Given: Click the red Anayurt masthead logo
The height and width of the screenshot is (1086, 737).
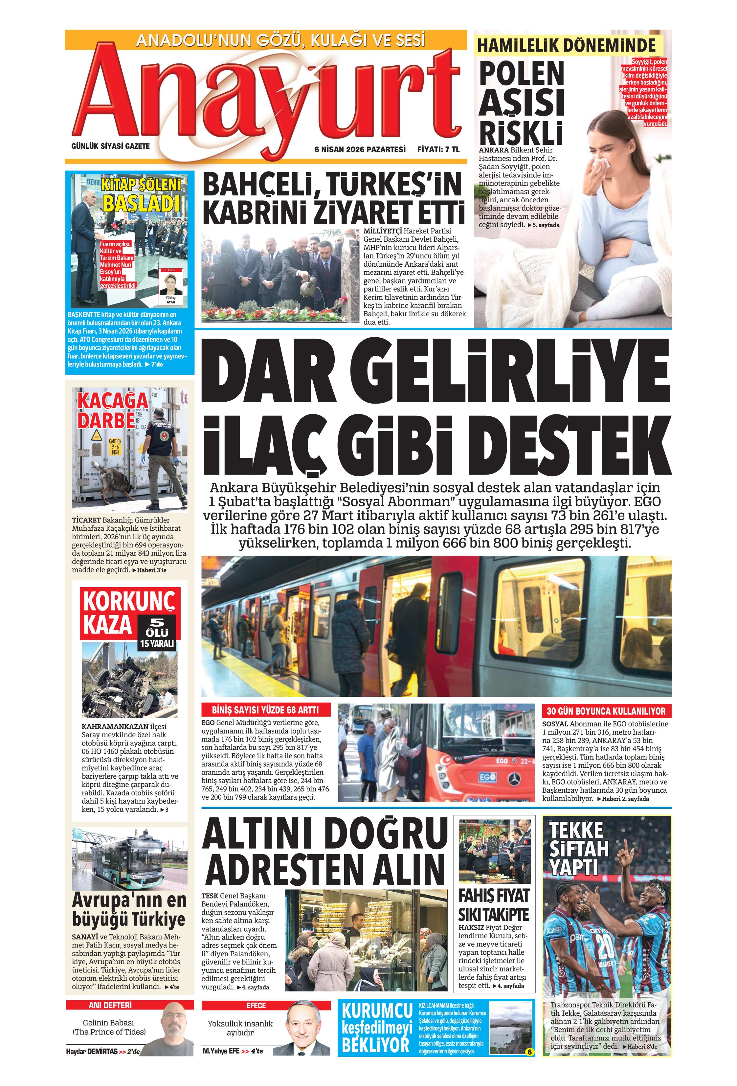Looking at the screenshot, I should tap(266, 98).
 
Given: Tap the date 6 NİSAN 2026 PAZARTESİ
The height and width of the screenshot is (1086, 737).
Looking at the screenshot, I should tap(360, 149).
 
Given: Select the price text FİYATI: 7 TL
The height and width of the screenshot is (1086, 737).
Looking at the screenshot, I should tap(438, 149).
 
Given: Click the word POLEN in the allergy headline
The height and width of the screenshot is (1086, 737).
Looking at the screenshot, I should tap(522, 74).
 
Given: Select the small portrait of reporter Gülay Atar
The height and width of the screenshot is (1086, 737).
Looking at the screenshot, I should tap(170, 284).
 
